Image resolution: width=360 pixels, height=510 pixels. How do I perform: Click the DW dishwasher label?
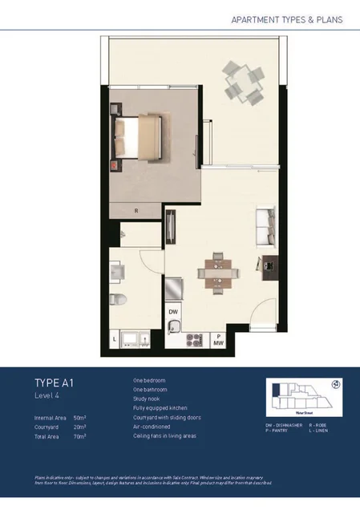(x=172, y=312)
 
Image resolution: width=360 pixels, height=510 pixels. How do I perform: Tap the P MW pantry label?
(x=217, y=340)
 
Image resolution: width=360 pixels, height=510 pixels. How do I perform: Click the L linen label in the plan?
(x=115, y=340)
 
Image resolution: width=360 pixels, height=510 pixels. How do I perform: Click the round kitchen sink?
(x=173, y=326)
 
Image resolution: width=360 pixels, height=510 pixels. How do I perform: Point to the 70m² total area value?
(x=79, y=436)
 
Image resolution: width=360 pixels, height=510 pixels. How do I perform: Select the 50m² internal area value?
(x=79, y=418)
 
